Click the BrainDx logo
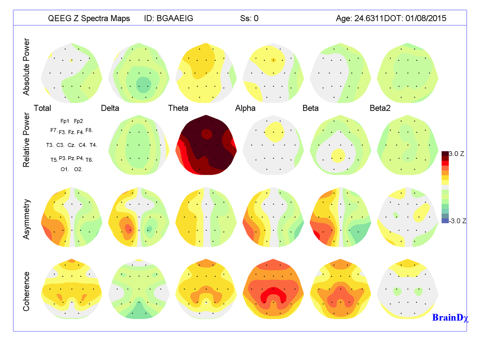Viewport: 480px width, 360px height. tap(450, 318)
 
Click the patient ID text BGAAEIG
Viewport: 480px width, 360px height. tap(175, 19)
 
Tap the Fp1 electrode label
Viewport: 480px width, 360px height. tap(65, 121)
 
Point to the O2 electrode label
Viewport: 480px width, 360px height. tap(78, 169)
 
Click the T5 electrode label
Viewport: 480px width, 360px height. tap(54, 160)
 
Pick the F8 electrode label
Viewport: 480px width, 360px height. tap(89, 131)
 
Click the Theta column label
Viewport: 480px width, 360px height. tap(178, 108)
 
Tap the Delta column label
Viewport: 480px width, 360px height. tap(110, 108)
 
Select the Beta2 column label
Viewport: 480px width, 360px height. tap(380, 108)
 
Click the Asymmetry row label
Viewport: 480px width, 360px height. tap(26, 219)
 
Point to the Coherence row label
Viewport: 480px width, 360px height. tap(26, 291)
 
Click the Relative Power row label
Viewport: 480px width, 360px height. tap(26, 140)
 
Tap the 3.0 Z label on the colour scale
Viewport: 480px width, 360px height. tap(456, 154)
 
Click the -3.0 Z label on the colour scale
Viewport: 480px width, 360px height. tap(458, 221)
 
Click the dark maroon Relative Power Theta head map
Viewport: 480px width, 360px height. tap(206, 145)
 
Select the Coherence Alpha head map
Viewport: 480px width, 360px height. tap(273, 289)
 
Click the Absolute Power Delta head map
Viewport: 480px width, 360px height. tap(139, 73)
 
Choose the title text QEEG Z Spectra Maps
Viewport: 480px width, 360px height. tap(89, 19)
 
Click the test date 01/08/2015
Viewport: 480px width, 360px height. tap(426, 19)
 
